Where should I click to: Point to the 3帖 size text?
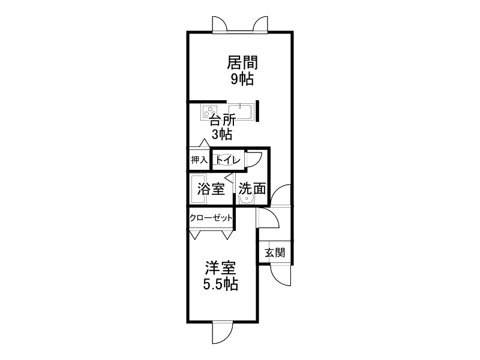point(222,134)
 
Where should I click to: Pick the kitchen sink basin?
point(241,112)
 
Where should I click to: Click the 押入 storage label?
point(199,160)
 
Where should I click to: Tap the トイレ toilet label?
point(228,160)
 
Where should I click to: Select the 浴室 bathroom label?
point(211,188)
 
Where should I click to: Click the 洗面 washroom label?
point(252,188)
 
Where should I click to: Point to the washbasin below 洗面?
point(247,199)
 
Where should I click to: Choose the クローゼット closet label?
point(211,218)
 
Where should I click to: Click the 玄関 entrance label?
point(275,253)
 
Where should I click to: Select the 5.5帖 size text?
point(221,284)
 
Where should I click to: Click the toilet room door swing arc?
point(253,158)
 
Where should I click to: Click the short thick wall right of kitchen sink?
point(257,111)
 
